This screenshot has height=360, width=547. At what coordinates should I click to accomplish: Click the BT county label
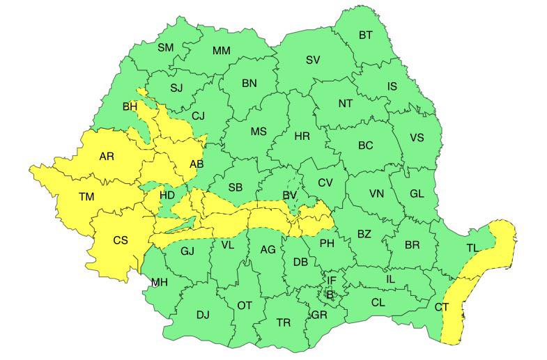(365, 35)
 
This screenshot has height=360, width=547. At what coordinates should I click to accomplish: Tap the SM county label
(165, 47)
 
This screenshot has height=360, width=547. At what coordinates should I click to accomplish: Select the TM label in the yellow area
(86, 197)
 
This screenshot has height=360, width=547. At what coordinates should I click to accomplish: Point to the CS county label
(121, 240)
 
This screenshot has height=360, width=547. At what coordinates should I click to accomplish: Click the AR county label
(107, 157)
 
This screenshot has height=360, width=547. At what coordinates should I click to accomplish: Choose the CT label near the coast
(442, 306)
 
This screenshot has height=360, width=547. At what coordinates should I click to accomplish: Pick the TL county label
(472, 248)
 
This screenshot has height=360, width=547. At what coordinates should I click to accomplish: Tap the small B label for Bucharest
(330, 295)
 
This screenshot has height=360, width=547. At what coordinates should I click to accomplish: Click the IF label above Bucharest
(332, 281)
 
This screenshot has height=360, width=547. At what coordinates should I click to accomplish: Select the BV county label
(290, 196)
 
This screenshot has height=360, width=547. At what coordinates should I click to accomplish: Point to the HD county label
(167, 196)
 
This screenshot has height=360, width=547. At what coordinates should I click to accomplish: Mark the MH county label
(160, 282)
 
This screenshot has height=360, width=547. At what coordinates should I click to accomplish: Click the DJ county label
(202, 315)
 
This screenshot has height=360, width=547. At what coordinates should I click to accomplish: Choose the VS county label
(416, 137)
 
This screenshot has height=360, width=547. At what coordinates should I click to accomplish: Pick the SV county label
(313, 60)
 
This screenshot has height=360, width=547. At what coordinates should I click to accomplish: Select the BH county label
(130, 107)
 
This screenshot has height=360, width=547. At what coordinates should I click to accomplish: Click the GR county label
(320, 315)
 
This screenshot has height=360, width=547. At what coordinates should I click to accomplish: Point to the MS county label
(259, 132)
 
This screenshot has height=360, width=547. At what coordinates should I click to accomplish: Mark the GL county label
(417, 194)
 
